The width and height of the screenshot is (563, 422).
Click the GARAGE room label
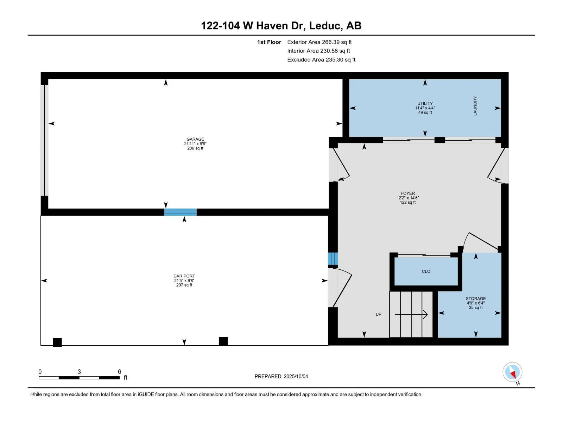pos(195,139)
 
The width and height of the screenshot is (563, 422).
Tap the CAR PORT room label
pos(184,276)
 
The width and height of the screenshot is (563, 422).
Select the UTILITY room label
pos(425,103)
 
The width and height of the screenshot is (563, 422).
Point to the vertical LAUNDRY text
pos(475,106)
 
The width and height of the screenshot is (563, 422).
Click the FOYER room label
pos(408,193)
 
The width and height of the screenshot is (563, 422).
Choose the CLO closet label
pos(426,271)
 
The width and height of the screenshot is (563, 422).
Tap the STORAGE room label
pos(476,299)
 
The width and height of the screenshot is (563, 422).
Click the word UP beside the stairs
pos(379,314)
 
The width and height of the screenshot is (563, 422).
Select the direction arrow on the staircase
pos(411,314)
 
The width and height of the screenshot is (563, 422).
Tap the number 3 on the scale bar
pos(79,371)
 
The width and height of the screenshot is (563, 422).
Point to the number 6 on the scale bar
pos(120,371)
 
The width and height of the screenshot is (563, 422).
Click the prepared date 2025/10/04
pos(296,376)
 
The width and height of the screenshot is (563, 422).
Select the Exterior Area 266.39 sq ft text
pos(320,42)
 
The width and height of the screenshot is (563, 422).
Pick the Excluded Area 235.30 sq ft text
pos(321,60)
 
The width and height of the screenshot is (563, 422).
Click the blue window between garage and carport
pos(180,212)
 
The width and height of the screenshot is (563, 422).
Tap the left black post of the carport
pos(57,343)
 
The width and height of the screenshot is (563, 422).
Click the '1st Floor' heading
pos(269,42)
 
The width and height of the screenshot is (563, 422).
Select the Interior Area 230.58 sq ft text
pos(318,51)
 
